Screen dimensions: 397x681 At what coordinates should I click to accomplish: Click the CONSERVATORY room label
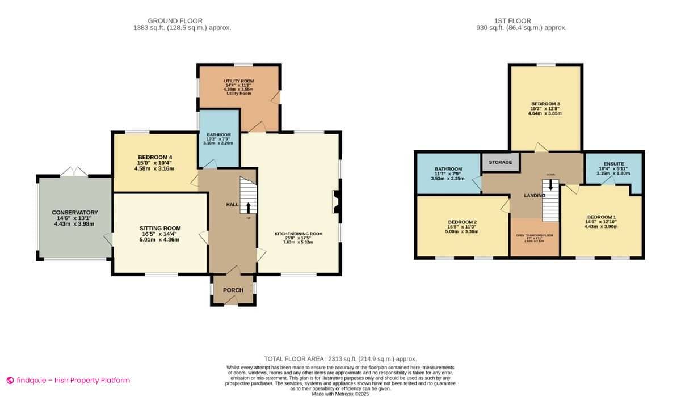coord(75,212)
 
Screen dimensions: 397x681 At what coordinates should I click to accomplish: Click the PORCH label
coord(233,290)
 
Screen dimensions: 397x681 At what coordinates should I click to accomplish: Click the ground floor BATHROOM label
coord(218,135)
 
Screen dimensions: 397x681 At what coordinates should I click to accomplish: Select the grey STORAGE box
coord(501,162)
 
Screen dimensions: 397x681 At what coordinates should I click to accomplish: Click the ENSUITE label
coord(614,164)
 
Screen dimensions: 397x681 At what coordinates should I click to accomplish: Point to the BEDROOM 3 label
coord(545,104)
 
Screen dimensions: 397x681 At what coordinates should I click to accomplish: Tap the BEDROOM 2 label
coord(462,222)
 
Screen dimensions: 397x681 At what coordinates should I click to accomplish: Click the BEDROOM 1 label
coord(602,217)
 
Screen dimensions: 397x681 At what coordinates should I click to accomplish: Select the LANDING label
coord(535,196)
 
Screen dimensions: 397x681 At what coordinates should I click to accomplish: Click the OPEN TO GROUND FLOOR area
coord(535,238)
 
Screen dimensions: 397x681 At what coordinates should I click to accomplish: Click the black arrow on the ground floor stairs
coord(248,207)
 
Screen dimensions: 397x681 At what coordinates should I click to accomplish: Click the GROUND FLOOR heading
coord(175,21)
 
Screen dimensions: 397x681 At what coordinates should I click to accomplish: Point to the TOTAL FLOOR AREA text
coord(340,359)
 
